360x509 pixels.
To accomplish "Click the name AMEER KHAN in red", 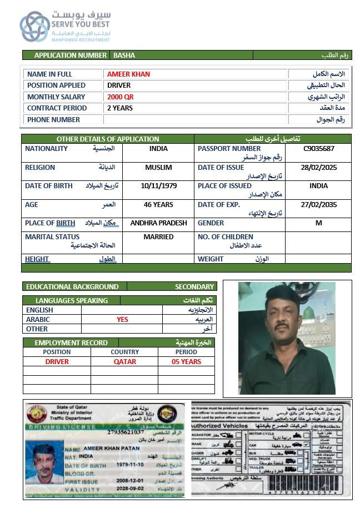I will pyautogui.click(x=128, y=74).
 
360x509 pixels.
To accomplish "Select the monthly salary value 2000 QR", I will pyautogui.click(x=121, y=97).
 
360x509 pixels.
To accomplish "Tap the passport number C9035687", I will pyautogui.click(x=318, y=149).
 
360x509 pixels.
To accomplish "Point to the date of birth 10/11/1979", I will pyautogui.click(x=159, y=186).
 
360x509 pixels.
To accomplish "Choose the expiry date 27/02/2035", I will pyautogui.click(x=318, y=204).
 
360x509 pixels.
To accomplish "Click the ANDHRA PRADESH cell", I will pyautogui.click(x=159, y=223).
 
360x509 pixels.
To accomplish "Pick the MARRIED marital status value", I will pyautogui.click(x=159, y=237).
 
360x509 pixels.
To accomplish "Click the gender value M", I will pyautogui.click(x=318, y=223).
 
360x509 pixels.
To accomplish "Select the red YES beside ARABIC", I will pyautogui.click(x=122, y=320).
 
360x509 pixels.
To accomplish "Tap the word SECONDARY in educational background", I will pyautogui.click(x=194, y=287).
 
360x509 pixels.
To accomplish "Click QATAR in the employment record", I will pyautogui.click(x=124, y=362).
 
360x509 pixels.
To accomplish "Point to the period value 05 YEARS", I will pyautogui.click(x=186, y=362).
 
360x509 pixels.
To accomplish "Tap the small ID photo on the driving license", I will pyautogui.click(x=47, y=464).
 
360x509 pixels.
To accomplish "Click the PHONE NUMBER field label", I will pyautogui.click(x=53, y=119).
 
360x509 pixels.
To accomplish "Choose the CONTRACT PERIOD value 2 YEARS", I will pyautogui.click(x=120, y=108).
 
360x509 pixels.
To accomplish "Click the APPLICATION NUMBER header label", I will pyautogui.click(x=70, y=56).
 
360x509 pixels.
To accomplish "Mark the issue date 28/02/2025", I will pyautogui.click(x=318, y=168).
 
